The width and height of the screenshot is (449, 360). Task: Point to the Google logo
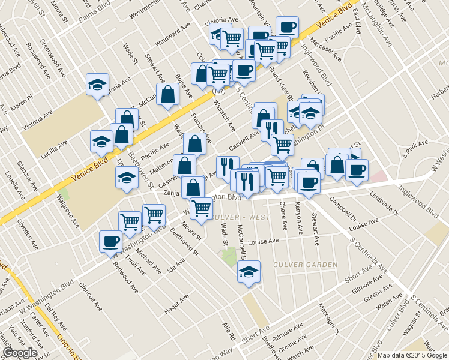[x=20, y=353]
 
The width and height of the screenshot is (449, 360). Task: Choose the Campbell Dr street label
[x=342, y=212]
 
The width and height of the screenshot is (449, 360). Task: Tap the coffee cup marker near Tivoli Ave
[x=110, y=241]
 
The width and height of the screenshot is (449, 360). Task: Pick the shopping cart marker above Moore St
[x=200, y=208]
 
